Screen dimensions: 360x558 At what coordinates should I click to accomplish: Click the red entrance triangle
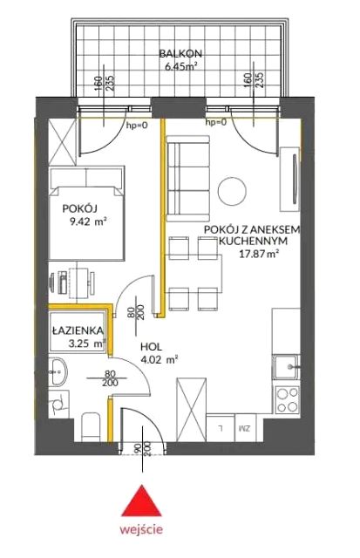click(141, 502)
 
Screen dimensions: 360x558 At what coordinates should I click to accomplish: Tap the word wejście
click(141, 529)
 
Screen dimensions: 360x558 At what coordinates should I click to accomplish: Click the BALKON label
click(180, 54)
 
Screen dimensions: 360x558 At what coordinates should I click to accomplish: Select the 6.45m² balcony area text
click(181, 66)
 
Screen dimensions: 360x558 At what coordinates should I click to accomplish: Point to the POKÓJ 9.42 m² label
click(85, 215)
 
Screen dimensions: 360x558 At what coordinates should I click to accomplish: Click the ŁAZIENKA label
click(78, 330)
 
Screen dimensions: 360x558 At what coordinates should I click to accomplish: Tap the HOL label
click(151, 346)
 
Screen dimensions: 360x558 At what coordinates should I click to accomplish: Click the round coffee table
click(232, 191)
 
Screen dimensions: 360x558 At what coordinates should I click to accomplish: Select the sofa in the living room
click(187, 179)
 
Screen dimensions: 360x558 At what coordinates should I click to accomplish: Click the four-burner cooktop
click(287, 399)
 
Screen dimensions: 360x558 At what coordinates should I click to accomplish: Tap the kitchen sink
click(287, 367)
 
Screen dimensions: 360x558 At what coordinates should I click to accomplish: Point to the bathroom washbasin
click(58, 372)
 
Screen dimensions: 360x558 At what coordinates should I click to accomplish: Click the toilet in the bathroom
click(91, 427)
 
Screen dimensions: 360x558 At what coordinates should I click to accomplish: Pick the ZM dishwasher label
click(246, 428)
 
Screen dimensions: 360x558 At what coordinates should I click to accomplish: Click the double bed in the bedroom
click(87, 213)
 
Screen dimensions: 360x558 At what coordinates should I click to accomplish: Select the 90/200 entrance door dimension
click(142, 449)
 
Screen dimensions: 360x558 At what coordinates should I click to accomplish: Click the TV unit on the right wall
click(290, 179)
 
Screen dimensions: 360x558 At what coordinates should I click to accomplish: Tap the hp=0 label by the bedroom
click(138, 125)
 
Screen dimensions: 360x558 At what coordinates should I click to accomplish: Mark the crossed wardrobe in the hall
click(192, 410)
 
